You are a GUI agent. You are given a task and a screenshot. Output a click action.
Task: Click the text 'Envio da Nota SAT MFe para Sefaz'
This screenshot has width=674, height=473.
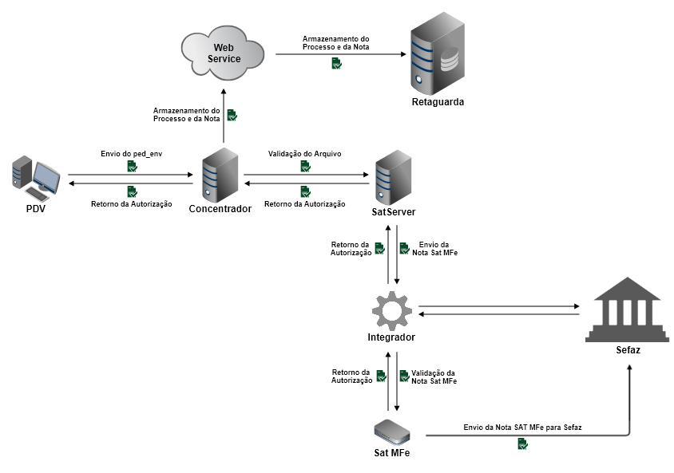pyautogui.click(x=522, y=428)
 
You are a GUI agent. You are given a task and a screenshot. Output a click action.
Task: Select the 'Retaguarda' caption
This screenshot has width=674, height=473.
pyautogui.click(x=437, y=102)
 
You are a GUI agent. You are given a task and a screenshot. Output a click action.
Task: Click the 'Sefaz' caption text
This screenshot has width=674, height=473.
pyautogui.click(x=628, y=350)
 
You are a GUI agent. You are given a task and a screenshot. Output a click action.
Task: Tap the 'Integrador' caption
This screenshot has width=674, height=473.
pyautogui.click(x=391, y=337)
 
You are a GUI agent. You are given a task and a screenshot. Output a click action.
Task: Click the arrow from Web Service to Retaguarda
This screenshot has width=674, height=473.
pyautogui.click(x=339, y=54)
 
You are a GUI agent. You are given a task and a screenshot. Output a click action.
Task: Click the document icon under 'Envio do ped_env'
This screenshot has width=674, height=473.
pyautogui.click(x=131, y=166)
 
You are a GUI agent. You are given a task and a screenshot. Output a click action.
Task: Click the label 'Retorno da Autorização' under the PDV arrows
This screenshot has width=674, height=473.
pyautogui.click(x=131, y=204)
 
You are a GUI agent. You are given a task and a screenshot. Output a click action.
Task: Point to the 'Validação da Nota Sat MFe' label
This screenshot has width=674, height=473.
pyautogui.click(x=434, y=377)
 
